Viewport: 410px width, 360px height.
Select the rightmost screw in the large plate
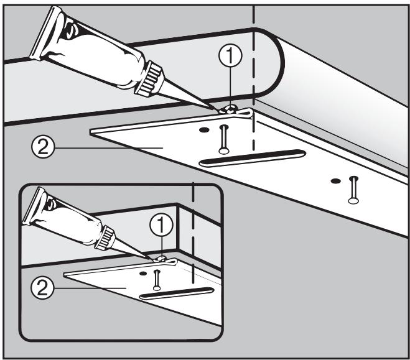[x=353, y=188]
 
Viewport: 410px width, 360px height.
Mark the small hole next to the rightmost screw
[x=336, y=181]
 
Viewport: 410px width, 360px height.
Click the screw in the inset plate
[x=156, y=279]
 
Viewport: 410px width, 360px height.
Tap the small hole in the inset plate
[x=143, y=272]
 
